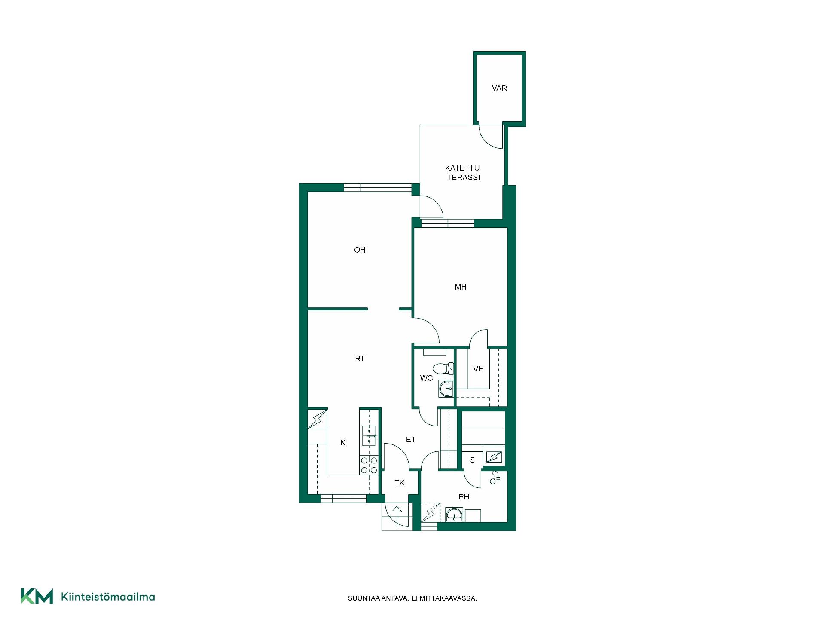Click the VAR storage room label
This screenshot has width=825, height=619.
click(x=499, y=88)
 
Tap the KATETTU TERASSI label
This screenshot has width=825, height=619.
click(x=463, y=172)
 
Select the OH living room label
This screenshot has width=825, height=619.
click(x=360, y=250)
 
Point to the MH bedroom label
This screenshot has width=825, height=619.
click(x=461, y=287)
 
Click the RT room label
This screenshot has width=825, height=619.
click(x=360, y=359)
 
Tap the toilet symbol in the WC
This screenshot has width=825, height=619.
click(x=443, y=368)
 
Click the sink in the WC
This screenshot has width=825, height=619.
click(x=446, y=389)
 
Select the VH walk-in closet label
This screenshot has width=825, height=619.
click(x=478, y=369)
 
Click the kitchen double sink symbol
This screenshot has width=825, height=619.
click(x=369, y=435)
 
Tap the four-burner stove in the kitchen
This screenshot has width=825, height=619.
click(x=369, y=465)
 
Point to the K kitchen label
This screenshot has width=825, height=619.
click(x=343, y=443)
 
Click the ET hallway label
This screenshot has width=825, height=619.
click(x=411, y=440)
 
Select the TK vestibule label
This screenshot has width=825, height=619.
click(x=400, y=483)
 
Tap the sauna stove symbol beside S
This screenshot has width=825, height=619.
click(x=494, y=456)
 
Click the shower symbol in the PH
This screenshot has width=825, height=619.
click(x=495, y=478)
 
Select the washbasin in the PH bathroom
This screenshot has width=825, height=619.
click(x=454, y=515)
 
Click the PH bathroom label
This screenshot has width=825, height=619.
click(x=464, y=497)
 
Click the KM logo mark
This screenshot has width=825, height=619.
click(x=37, y=596)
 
